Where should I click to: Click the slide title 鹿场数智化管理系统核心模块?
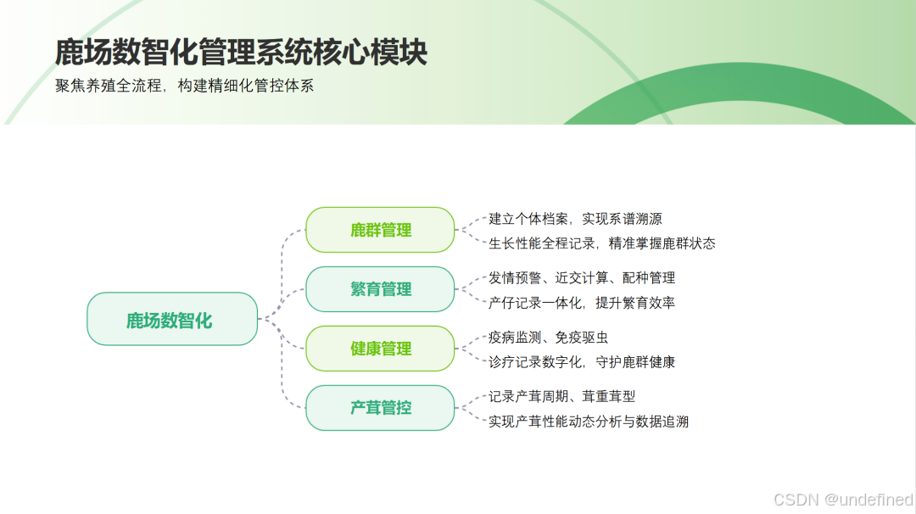(241, 53)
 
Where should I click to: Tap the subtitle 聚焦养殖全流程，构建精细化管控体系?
(185, 87)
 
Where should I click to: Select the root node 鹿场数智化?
(171, 320)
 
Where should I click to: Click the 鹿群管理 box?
(380, 230)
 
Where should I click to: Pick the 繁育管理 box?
(380, 289)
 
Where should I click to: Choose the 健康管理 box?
(380, 349)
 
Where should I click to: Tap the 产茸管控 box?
(380, 408)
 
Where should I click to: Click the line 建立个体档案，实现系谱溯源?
(575, 219)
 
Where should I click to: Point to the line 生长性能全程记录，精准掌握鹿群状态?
(602, 243)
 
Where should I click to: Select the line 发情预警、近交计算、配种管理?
(582, 277)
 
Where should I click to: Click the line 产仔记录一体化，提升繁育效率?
(582, 302)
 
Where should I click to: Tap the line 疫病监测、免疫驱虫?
(548, 338)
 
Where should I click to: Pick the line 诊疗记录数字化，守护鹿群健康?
(582, 362)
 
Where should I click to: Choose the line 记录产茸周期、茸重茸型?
(561, 396)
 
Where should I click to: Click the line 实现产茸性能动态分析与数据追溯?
(589, 421)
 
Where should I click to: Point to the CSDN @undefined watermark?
(844, 500)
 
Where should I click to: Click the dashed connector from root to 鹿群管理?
(282, 254)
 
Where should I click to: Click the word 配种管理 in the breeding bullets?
(648, 277)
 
